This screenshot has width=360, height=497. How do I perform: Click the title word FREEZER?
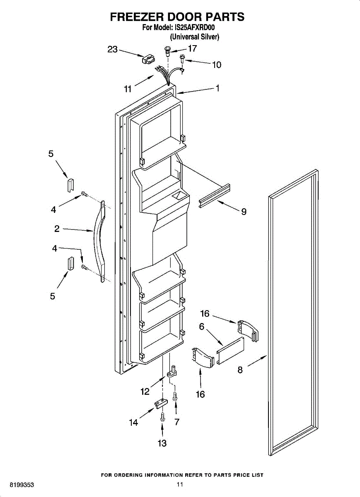(136, 17)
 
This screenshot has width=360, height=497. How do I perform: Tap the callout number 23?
(113, 49)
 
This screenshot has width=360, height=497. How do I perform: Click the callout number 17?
(192, 48)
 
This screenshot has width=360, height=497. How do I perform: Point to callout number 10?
(217, 65)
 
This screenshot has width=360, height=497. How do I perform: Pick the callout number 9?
(244, 212)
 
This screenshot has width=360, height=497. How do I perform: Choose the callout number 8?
(240, 370)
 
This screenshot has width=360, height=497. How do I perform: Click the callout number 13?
(162, 443)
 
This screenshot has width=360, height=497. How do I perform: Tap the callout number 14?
(133, 423)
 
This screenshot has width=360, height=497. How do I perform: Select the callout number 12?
(145, 391)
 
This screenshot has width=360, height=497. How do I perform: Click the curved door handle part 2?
(99, 240)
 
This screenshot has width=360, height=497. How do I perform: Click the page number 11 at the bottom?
(179, 484)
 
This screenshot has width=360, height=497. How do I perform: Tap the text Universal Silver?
(194, 36)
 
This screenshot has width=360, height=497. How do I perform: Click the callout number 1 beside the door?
(217, 88)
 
